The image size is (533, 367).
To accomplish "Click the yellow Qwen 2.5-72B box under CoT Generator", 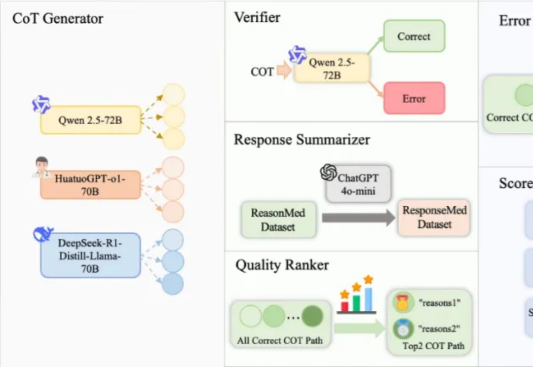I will pyautogui.click(x=90, y=119).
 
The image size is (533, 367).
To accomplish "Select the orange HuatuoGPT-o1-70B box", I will pyautogui.click(x=90, y=184).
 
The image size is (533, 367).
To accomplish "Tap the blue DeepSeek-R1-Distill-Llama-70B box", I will pyautogui.click(x=90, y=256).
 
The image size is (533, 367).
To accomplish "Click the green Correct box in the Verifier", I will pyautogui.click(x=414, y=36).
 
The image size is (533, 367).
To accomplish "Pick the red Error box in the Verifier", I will pyautogui.click(x=414, y=98).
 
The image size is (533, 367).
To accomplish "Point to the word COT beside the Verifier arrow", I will pyautogui.click(x=262, y=72).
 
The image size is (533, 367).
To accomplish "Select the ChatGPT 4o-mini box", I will pyautogui.click(x=357, y=183).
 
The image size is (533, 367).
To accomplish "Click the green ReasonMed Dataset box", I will pyautogui.click(x=278, y=220).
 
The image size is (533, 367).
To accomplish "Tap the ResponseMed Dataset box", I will pyautogui.click(x=434, y=218).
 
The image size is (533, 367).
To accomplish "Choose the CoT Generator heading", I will pyautogui.click(x=58, y=19).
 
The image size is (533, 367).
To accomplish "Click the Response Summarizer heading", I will pyautogui.click(x=302, y=140).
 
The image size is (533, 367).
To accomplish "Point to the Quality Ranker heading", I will pyautogui.click(x=282, y=265).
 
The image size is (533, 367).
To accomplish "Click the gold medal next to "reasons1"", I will pyautogui.click(x=403, y=303).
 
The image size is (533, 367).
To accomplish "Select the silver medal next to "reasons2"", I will pyautogui.click(x=403, y=329).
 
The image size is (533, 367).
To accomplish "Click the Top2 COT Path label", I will pyautogui.click(x=433, y=346).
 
